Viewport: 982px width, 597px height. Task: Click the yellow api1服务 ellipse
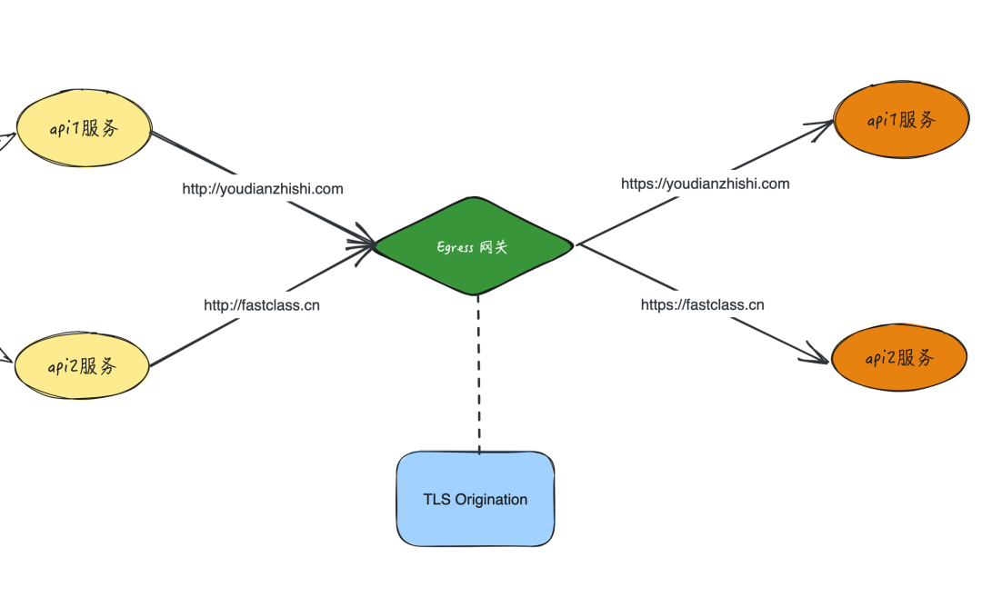click(x=84, y=128)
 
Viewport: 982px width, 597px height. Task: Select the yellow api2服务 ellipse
click(x=82, y=366)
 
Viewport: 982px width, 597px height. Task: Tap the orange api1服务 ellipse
click(x=900, y=121)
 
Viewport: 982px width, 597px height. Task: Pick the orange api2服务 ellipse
click(x=899, y=358)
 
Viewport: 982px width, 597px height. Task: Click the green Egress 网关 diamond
click(x=474, y=245)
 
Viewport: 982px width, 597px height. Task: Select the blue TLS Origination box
click(x=476, y=499)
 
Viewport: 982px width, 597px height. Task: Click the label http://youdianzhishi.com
click(x=263, y=189)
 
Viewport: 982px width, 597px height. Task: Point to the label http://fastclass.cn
click(x=262, y=305)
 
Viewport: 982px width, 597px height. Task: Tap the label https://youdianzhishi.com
click(x=705, y=184)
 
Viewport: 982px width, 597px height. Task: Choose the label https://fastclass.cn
click(x=702, y=305)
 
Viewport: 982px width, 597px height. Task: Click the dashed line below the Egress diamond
click(x=478, y=373)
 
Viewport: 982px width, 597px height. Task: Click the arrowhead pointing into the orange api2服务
click(x=818, y=356)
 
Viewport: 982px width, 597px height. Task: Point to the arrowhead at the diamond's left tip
click(x=366, y=243)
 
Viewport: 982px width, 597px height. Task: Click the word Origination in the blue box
click(x=491, y=499)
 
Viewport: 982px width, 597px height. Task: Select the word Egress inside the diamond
click(x=456, y=247)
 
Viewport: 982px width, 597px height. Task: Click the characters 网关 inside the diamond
click(x=494, y=246)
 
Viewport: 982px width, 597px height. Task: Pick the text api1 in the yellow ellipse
click(x=65, y=129)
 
